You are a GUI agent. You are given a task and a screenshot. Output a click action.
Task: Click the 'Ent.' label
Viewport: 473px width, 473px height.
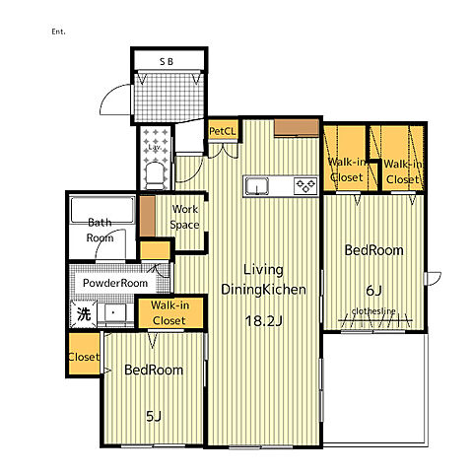[x=58, y=32]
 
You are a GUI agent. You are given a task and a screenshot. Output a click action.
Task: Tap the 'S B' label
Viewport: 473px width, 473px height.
[x=167, y=61]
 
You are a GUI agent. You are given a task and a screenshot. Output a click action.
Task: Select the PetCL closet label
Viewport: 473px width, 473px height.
[x=223, y=131]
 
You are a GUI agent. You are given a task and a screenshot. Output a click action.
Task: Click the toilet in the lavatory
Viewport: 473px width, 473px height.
[x=155, y=176]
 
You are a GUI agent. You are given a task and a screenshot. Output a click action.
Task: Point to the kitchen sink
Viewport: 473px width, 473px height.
[x=257, y=186]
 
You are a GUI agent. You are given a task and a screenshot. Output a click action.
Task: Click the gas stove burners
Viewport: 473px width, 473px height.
[x=305, y=186]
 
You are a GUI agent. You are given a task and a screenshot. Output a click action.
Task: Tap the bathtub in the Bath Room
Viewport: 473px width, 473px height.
[x=102, y=210]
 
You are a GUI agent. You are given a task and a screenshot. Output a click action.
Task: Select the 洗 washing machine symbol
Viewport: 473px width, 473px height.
[x=84, y=314]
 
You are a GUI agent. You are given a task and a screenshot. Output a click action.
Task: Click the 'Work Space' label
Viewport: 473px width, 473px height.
[x=184, y=217]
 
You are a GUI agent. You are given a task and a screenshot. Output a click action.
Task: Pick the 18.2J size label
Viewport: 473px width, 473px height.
[x=264, y=321]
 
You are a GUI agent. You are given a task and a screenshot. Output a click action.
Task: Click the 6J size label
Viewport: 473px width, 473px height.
[x=373, y=291]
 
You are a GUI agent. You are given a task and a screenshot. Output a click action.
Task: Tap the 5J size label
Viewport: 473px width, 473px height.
[x=154, y=417]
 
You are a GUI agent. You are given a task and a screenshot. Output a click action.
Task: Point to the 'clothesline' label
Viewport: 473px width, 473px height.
[x=373, y=310]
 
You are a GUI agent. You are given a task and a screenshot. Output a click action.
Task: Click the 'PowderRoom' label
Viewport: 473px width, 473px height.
[x=115, y=283]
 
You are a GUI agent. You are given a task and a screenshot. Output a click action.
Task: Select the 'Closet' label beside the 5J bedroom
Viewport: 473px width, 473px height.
[x=84, y=357]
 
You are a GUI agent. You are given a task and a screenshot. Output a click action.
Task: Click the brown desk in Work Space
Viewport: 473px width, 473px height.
[x=148, y=216]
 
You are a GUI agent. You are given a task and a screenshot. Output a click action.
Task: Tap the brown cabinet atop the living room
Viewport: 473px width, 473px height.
[x=297, y=127]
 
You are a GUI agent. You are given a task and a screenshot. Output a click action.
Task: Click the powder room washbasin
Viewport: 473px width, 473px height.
[x=113, y=313]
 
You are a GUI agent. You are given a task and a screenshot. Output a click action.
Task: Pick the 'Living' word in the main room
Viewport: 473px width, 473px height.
[x=263, y=270]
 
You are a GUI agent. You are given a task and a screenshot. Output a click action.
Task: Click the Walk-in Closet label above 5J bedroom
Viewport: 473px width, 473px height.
[x=169, y=312]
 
